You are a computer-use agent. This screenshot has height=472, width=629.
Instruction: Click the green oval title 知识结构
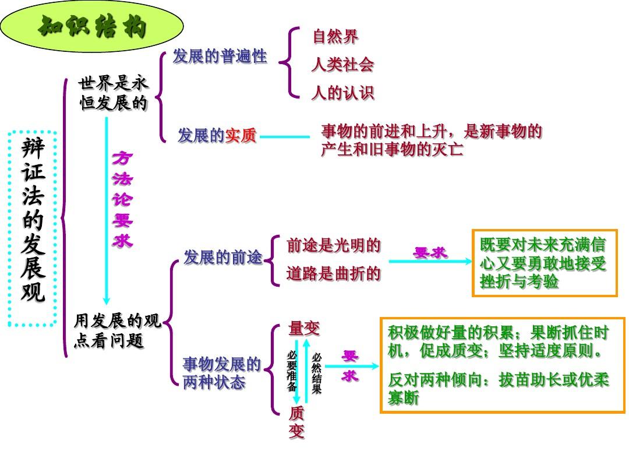pyautogui.click(x=91, y=27)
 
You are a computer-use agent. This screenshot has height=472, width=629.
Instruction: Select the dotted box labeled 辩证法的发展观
pyautogui.click(x=33, y=228)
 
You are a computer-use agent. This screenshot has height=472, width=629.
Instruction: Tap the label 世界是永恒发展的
pyautogui.click(x=113, y=94)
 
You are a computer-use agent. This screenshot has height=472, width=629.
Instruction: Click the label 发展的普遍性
pyautogui.click(x=220, y=57)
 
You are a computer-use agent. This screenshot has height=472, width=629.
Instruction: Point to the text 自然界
pyautogui.click(x=335, y=37)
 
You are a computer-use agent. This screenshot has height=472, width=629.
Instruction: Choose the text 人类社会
pyautogui.click(x=342, y=65)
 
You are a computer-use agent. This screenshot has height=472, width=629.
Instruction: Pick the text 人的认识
pyautogui.click(x=342, y=93)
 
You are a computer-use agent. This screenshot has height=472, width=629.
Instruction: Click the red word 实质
pyautogui.click(x=241, y=136)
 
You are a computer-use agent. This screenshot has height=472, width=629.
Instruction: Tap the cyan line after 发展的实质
pyautogui.click(x=285, y=138)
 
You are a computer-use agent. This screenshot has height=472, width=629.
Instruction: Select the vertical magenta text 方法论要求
pyautogui.click(x=122, y=199)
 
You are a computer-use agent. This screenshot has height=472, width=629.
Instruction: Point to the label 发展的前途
pyautogui.click(x=222, y=257)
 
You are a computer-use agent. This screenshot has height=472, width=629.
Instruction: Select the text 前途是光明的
pyautogui.click(x=333, y=245)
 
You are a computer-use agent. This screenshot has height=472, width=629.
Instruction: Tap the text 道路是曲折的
pyautogui.click(x=333, y=273)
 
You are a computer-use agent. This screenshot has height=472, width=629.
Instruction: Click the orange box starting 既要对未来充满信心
pyautogui.click(x=544, y=263)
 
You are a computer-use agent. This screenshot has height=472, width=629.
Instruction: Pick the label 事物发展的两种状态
pyautogui.click(x=221, y=374)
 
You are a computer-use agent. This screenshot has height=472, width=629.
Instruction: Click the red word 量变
pyautogui.click(x=304, y=329)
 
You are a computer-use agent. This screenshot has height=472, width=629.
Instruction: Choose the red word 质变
pyautogui.click(x=296, y=423)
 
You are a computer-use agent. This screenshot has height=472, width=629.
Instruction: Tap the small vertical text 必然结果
pyautogui.click(x=316, y=374)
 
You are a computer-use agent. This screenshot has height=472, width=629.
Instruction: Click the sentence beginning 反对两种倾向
pyautogui.click(x=498, y=388)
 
